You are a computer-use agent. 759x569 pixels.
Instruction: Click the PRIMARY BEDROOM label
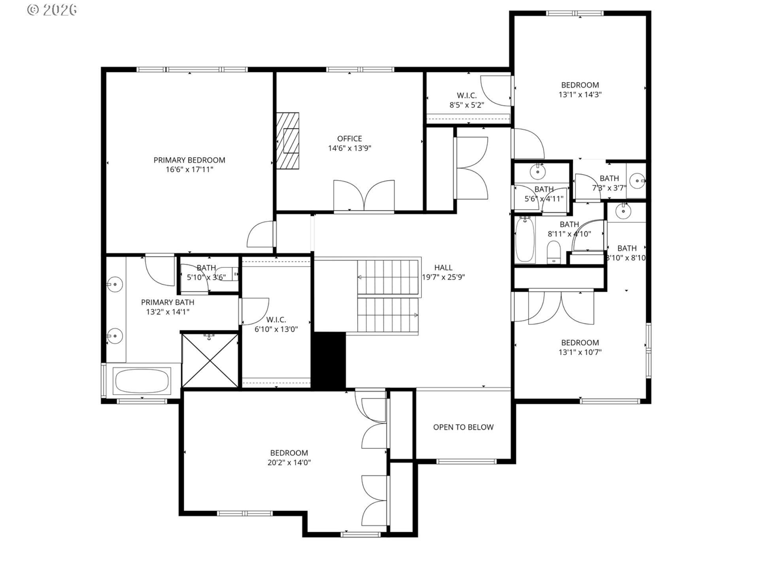click(x=189, y=160)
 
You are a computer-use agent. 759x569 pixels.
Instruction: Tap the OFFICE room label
click(x=349, y=139)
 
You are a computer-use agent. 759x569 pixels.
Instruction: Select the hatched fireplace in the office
click(x=287, y=141)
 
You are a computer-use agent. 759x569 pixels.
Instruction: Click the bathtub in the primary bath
click(x=142, y=381)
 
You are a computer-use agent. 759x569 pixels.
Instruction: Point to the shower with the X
click(x=210, y=360)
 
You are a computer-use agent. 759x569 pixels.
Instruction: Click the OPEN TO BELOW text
click(x=463, y=427)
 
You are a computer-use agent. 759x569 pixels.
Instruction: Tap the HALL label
click(x=443, y=268)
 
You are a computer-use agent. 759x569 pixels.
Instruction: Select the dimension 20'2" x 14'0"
click(x=289, y=463)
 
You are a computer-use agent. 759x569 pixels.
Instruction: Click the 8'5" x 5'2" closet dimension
click(x=467, y=105)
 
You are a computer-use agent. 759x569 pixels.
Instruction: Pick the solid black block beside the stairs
click(x=329, y=360)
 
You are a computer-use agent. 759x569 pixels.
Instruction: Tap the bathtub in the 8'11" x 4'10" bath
click(x=525, y=240)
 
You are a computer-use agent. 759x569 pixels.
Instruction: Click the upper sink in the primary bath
click(x=115, y=284)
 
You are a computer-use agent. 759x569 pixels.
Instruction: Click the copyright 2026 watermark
click(x=52, y=9)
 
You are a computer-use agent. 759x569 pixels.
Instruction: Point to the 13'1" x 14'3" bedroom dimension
click(x=580, y=95)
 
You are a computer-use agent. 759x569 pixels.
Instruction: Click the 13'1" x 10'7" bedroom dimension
click(x=580, y=352)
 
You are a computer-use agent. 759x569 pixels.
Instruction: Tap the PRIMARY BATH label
click(x=168, y=302)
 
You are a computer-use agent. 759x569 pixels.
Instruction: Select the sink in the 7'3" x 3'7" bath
click(x=637, y=181)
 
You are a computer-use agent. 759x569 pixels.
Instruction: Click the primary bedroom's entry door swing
click(x=260, y=236)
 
